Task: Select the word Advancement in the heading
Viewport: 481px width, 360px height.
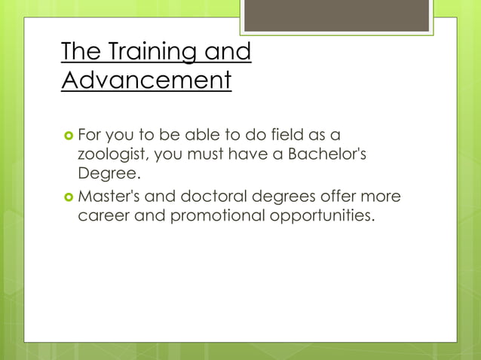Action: click(x=146, y=80)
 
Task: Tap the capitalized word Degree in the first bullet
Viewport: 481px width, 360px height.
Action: click(x=108, y=174)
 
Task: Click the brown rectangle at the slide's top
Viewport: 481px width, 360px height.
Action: click(x=336, y=16)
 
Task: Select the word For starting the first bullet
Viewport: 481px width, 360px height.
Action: click(x=92, y=135)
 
